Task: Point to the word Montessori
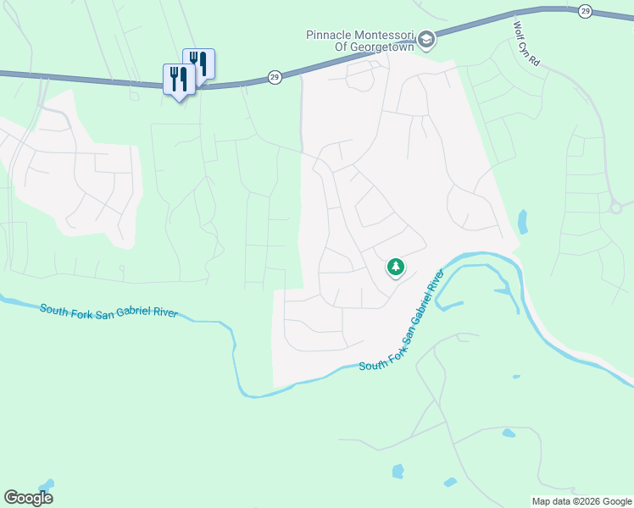(x=384, y=35)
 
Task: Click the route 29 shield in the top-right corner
(x=585, y=10)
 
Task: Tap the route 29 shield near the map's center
(x=274, y=77)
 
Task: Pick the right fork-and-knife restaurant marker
(x=198, y=63)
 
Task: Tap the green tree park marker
(x=395, y=268)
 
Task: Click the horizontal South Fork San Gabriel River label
(x=108, y=311)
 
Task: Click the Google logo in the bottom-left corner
(x=28, y=498)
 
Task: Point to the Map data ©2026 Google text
(x=581, y=500)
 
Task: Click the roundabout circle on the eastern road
(x=616, y=207)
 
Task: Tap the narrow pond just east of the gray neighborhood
(x=522, y=223)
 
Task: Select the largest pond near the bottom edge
(x=398, y=471)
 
